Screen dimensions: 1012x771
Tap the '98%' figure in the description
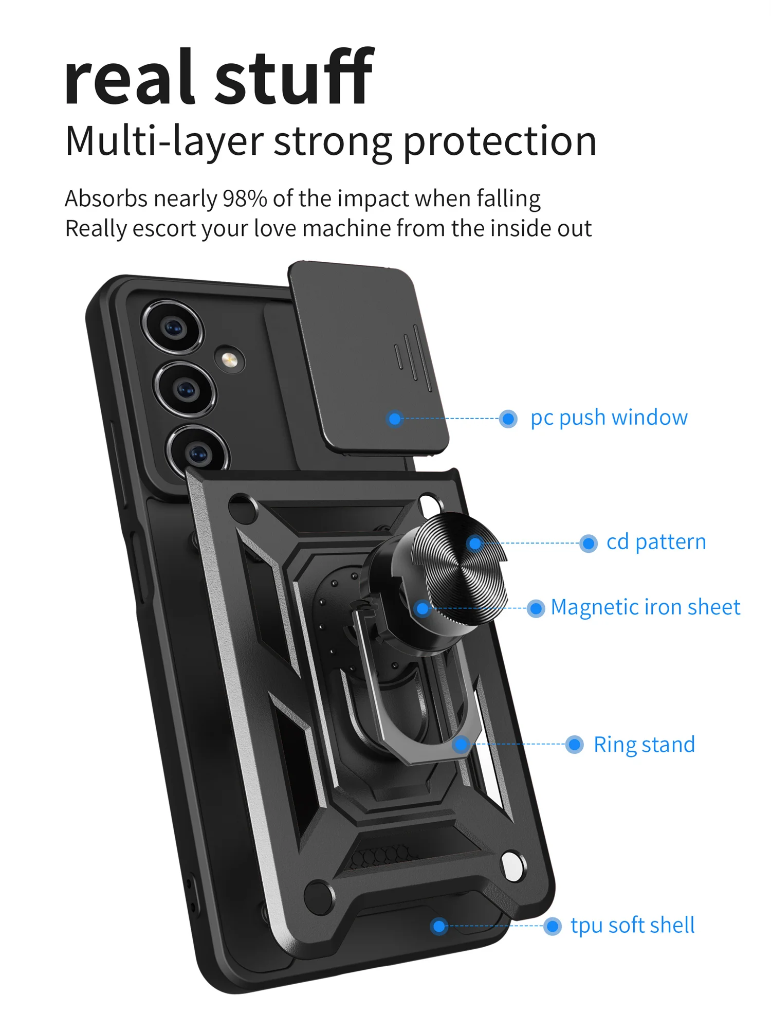pyautogui.click(x=245, y=198)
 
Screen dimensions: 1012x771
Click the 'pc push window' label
pyautogui.click(x=609, y=418)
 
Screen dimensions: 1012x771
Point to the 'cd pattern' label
pyautogui.click(x=656, y=542)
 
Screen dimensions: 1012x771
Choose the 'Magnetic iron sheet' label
pyautogui.click(x=645, y=607)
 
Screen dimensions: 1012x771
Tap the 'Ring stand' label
pyautogui.click(x=644, y=745)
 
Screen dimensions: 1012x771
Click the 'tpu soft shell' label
pyautogui.click(x=632, y=926)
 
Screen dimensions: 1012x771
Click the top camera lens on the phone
pyautogui.click(x=173, y=328)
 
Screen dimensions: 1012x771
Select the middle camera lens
pyautogui.click(x=185, y=389)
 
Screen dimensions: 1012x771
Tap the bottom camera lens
pyautogui.click(x=198, y=453)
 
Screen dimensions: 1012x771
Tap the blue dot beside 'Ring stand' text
pyautogui.click(x=574, y=745)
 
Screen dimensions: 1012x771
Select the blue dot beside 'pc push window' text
pyautogui.click(x=508, y=419)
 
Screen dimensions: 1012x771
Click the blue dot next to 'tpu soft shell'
pyautogui.click(x=553, y=927)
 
